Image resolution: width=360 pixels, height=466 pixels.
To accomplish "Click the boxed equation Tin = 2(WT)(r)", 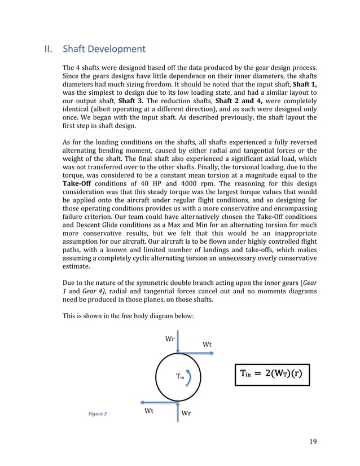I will click(272, 375).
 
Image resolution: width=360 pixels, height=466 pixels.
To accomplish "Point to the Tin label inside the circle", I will click(180, 376).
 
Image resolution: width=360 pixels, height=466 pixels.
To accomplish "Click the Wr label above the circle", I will click(169, 339).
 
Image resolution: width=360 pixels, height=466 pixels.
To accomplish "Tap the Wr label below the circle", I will click(187, 414).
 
